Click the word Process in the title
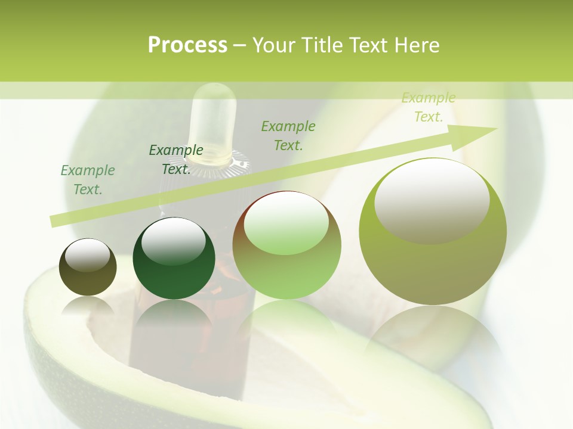click(x=187, y=45)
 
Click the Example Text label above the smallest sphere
click(x=87, y=180)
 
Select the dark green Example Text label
click(x=175, y=160)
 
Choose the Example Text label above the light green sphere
click(x=288, y=135)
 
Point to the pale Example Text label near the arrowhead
click(x=428, y=107)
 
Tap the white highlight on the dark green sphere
click(x=173, y=241)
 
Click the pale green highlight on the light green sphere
click(x=286, y=224)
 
